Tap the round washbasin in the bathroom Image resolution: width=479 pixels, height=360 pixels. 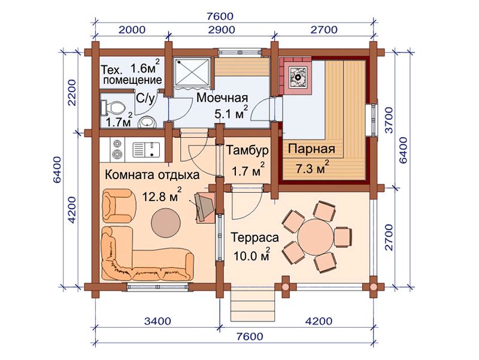pos(147,123)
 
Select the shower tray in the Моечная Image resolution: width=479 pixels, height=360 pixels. pos(192,73)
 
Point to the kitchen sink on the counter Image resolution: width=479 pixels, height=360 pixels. pos(146,150)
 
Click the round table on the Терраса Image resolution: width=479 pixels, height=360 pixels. pos(316,236)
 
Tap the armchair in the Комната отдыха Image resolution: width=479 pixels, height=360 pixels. pos(119,205)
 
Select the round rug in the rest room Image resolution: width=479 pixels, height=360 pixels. pos(166,222)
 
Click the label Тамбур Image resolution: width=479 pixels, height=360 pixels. pos(247,150)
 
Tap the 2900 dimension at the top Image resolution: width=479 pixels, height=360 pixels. pos(222,29)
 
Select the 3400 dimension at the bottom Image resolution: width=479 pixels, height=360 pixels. pos(157,321)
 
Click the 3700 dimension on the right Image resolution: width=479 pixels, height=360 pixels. pos(389,120)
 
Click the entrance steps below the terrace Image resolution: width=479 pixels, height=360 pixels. pos(253,305)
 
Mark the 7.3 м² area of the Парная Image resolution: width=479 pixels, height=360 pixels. pos(312,168)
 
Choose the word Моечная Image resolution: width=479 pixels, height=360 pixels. pos(222,98)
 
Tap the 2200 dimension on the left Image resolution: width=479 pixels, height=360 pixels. pos(72,92)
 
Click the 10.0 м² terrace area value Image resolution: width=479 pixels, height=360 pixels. pos(251,255)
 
